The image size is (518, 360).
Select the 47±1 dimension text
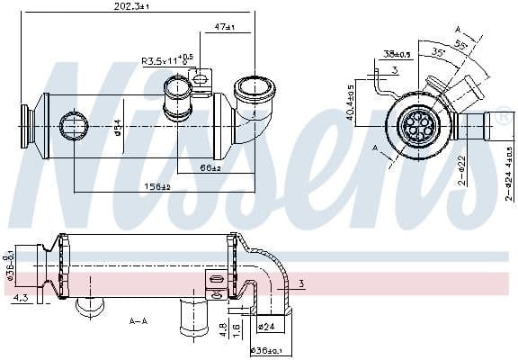point(224,28)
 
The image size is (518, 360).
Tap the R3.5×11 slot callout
point(167,60)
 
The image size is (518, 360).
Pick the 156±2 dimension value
point(158,186)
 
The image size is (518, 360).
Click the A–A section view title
point(138,320)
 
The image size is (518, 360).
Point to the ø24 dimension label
point(266,326)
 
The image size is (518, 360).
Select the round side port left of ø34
point(72,125)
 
